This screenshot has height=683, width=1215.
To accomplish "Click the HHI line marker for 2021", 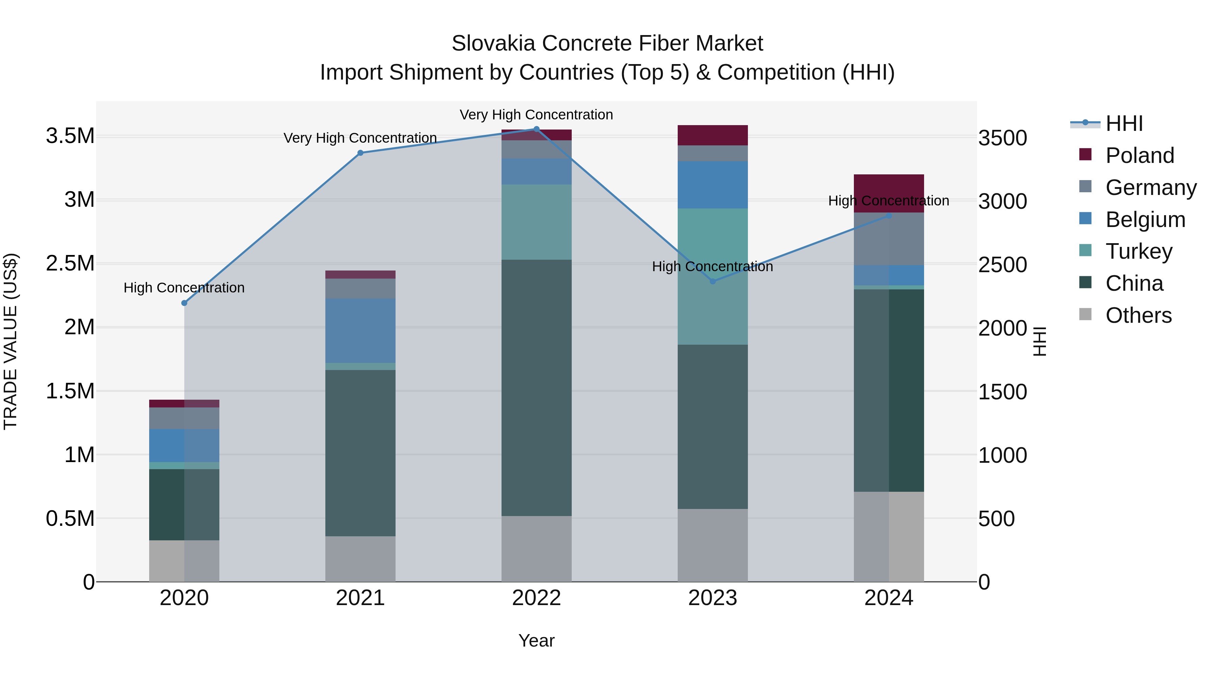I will [360, 153].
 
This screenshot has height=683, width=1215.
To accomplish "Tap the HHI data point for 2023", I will [713, 281].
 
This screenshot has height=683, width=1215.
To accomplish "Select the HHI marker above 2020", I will [184, 303].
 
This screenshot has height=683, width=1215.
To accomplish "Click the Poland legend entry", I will [1139, 155].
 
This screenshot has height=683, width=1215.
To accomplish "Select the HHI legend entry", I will [1124, 123].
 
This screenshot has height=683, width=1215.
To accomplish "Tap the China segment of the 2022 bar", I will [536, 388].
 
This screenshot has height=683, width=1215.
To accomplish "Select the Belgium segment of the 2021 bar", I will [360, 331].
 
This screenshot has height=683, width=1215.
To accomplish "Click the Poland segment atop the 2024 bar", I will [889, 186].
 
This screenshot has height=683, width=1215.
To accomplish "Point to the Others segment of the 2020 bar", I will [184, 561].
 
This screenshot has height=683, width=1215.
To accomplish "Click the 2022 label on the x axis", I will [536, 598].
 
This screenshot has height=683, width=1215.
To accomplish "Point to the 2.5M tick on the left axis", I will [70, 263].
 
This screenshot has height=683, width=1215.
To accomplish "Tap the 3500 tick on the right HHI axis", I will [1002, 138].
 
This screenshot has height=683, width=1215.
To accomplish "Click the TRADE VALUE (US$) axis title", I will [10, 341].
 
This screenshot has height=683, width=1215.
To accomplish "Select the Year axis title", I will [536, 641].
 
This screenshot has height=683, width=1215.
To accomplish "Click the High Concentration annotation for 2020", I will [184, 287].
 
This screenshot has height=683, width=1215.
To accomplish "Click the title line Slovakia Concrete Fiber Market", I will [607, 44].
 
